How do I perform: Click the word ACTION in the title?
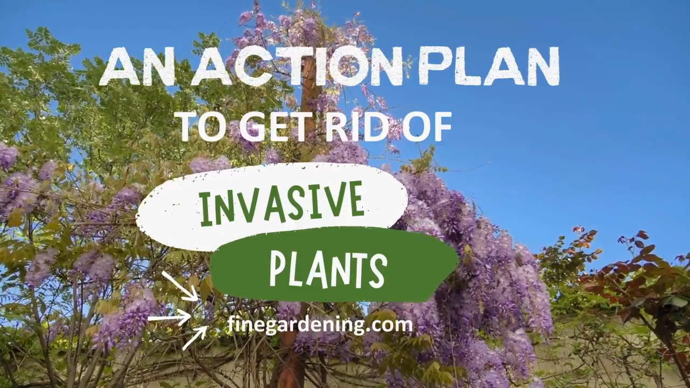pyautogui.click(x=297, y=66)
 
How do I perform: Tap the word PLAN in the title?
pyautogui.click(x=489, y=66)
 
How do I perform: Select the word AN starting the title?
pyautogui.click(x=137, y=66)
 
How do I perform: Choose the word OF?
pyautogui.click(x=426, y=127)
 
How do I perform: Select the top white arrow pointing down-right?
pyautogui.click(x=180, y=286)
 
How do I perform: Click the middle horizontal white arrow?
pyautogui.click(x=169, y=318)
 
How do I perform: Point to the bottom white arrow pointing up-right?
pyautogui.click(x=195, y=338)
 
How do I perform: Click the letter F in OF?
pyautogui.click(x=440, y=127)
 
